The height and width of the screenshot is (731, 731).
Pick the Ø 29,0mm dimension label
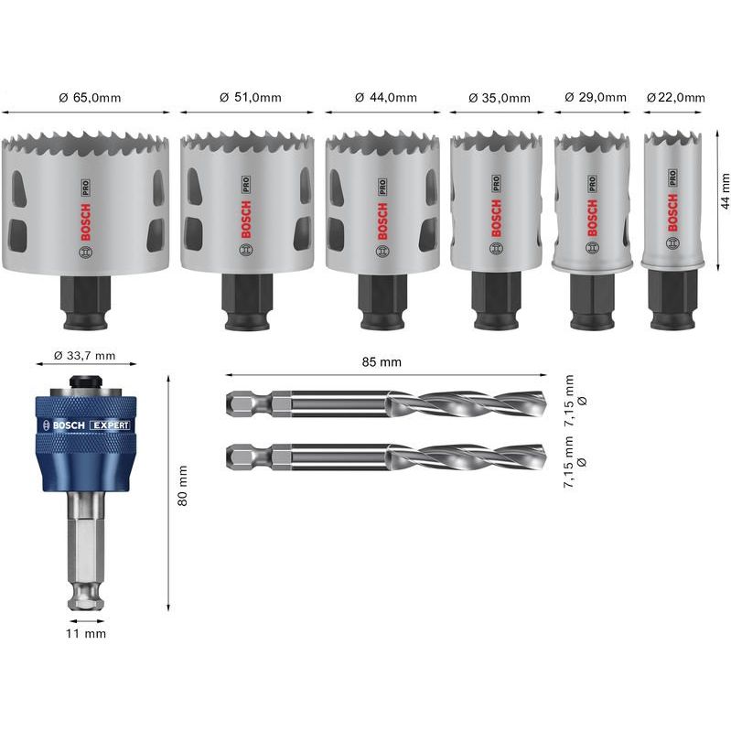595,98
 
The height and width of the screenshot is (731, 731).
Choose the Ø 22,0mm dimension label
675,98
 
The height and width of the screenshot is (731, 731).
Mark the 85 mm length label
383,362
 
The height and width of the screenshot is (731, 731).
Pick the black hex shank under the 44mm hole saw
383,302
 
